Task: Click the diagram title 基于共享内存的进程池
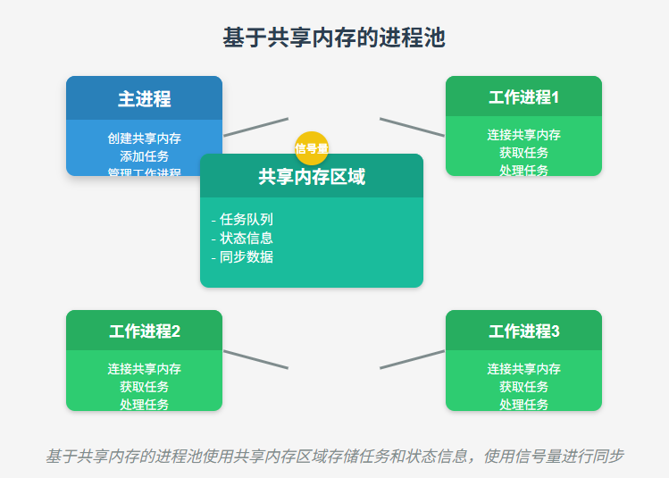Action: pos(334,38)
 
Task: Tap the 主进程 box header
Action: pos(144,98)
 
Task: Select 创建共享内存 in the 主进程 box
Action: pos(144,138)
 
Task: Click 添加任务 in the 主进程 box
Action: pos(144,155)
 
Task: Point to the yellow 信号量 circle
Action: pos(312,147)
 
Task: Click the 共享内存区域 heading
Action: pos(311,177)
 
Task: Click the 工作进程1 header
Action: pos(523,96)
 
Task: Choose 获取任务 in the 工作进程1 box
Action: pos(523,153)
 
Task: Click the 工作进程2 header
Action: pos(144,331)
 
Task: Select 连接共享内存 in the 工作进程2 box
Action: pos(144,369)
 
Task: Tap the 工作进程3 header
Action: pos(523,331)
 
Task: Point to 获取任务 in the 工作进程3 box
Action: pos(523,387)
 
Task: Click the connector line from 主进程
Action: pos(255,127)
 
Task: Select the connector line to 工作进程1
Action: pos(412,127)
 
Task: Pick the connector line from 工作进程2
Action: pos(255,359)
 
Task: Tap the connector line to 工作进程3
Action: pos(412,359)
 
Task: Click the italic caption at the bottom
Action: pos(334,456)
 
